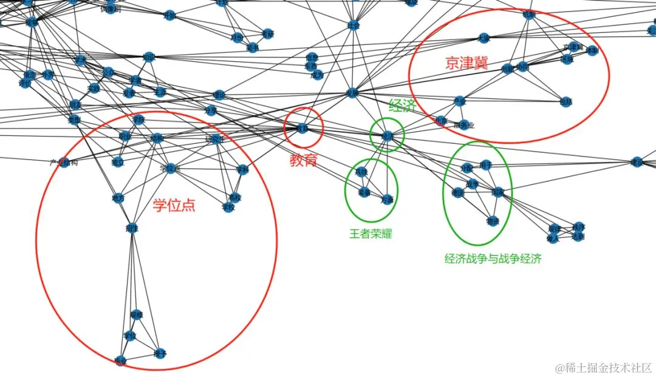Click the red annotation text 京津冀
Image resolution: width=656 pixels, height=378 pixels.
[x=466, y=64]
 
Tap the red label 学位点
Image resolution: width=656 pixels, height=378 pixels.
[x=174, y=205]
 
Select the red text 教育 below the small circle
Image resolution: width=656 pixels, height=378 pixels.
[x=303, y=160]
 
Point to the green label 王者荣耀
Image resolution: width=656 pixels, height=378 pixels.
[x=371, y=234]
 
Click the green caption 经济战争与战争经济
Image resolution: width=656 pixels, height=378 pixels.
[x=493, y=259]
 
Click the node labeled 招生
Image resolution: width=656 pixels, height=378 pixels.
[x=131, y=228]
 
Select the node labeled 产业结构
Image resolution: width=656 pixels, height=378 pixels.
[x=64, y=163]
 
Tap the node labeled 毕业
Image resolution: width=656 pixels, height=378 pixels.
[x=120, y=360]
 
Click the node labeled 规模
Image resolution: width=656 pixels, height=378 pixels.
[x=137, y=315]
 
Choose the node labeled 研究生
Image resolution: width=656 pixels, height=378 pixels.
[x=215, y=140]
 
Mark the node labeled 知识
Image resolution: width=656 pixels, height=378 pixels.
[x=149, y=58]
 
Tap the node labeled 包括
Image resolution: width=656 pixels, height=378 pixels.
[x=565, y=101]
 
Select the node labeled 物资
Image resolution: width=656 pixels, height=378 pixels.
[x=492, y=221]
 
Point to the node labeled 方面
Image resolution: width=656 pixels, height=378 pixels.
[x=387, y=199]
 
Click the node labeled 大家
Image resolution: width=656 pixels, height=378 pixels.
[x=483, y=38]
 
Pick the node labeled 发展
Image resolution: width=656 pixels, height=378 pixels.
[x=352, y=93]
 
